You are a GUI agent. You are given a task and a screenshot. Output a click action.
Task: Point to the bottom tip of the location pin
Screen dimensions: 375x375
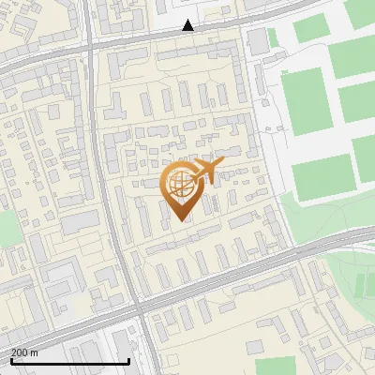coord(178,220)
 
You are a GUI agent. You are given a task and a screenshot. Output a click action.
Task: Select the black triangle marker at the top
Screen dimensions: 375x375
coord(188,25)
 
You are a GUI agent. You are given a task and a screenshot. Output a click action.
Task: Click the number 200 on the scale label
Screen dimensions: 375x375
coord(20,352)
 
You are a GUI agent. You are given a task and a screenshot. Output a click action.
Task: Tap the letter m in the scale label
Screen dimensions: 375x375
coord(35,352)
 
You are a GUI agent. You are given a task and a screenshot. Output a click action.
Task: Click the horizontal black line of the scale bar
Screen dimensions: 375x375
coord(69,362)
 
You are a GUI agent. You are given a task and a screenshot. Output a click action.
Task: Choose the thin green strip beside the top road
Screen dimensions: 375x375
coord(273,37)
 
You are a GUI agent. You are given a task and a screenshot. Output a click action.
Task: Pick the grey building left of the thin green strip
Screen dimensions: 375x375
coord(256,41)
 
